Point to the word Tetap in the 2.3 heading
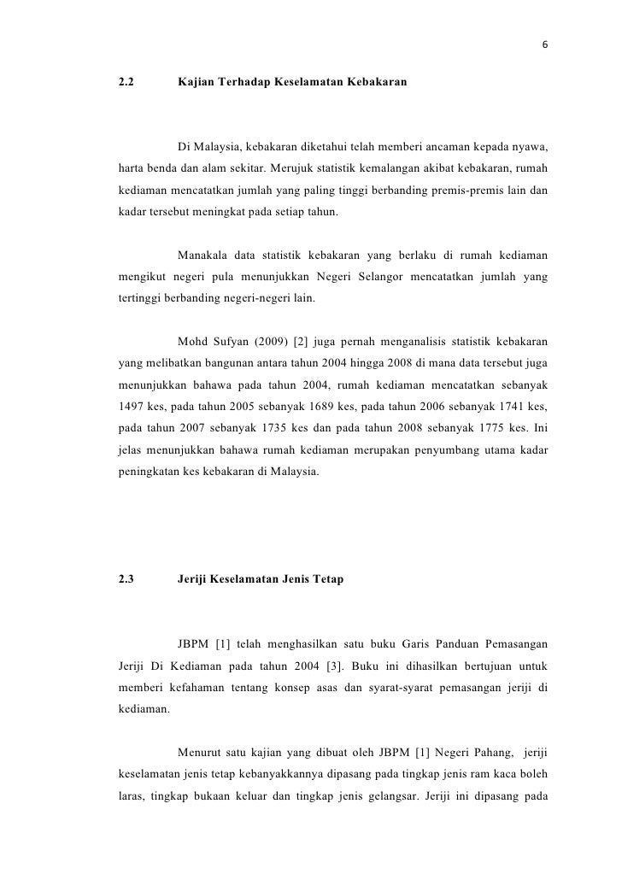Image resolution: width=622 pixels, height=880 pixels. click(326, 579)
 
